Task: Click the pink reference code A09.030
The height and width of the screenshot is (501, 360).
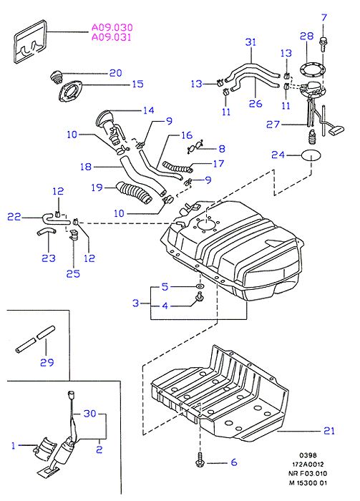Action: tap(112, 27)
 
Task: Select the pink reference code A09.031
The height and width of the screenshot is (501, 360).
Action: tap(112, 37)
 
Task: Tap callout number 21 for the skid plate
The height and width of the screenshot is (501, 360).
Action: tap(329, 431)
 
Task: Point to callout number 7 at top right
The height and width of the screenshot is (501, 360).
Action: tap(324, 17)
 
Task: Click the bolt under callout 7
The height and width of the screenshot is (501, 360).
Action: tap(323, 44)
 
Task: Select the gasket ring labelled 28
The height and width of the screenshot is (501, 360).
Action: tap(313, 69)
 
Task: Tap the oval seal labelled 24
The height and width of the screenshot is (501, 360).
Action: tap(311, 155)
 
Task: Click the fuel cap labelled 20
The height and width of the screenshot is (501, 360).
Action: tap(57, 77)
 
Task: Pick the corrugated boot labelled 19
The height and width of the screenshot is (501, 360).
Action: tap(134, 192)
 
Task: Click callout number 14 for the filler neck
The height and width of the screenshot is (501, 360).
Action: tap(149, 110)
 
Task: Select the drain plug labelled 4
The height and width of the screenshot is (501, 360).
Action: tap(200, 297)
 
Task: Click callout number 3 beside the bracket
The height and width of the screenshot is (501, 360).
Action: tap(136, 303)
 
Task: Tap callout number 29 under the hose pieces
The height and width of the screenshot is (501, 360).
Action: tap(47, 362)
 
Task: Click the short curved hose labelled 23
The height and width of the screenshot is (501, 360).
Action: tap(46, 232)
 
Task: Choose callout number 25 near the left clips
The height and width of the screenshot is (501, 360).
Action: tap(73, 274)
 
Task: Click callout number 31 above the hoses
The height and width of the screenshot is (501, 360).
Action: tap(250, 42)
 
